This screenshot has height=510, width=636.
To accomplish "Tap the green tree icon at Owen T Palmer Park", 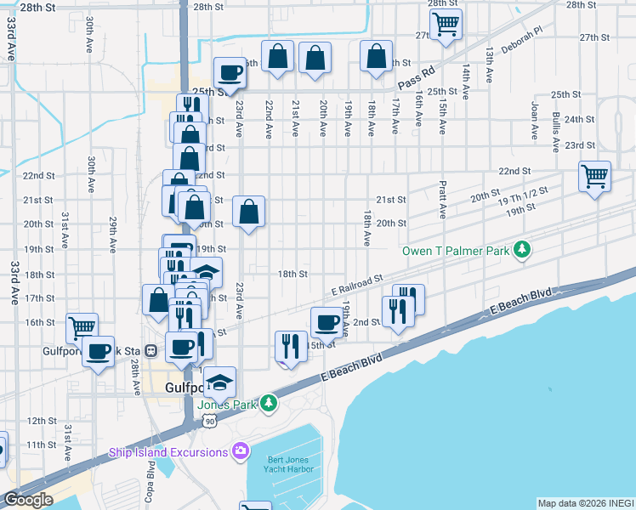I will click(x=523, y=250).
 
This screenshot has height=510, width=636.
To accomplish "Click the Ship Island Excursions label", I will click(x=168, y=452).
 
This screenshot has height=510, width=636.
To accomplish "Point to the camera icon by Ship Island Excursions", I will click(x=241, y=450).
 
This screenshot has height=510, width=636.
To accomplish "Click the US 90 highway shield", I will click(x=210, y=420).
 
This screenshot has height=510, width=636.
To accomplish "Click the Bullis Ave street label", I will click(x=555, y=129).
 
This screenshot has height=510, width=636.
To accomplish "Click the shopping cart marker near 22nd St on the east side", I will click(x=594, y=177).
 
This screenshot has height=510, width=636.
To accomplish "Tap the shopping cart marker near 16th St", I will click(x=82, y=326).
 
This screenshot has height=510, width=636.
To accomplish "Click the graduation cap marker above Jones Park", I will click(x=219, y=382).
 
